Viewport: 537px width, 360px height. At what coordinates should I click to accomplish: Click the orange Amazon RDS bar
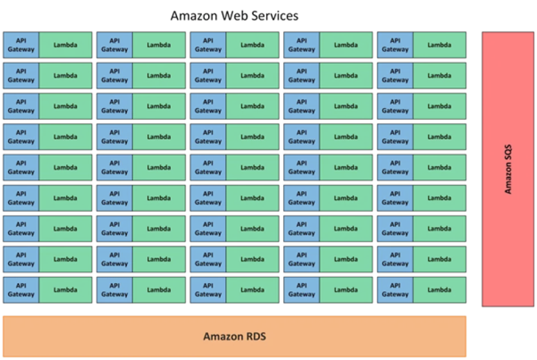point(234,337)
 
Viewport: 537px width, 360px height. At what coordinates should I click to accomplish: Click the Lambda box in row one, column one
point(65,45)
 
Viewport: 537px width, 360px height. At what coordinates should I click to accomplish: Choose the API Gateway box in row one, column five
point(395,45)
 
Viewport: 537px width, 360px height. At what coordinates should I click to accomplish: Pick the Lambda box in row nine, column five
point(439,290)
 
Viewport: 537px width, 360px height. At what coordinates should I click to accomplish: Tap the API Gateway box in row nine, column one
point(21,290)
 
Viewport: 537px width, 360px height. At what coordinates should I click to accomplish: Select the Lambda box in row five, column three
point(252,168)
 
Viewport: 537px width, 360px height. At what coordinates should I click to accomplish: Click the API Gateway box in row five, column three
point(208,168)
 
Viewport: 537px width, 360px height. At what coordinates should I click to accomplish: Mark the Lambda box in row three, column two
point(159,106)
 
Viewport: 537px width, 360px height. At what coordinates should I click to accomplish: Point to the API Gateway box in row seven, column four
point(301,229)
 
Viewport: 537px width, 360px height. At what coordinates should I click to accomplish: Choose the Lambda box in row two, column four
point(345,76)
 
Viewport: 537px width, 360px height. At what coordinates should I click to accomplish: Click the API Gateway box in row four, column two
point(115,137)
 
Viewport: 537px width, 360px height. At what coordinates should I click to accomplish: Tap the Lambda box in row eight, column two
point(159,259)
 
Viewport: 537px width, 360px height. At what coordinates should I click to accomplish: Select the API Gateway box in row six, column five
point(395,198)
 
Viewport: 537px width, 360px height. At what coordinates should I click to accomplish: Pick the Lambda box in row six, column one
point(65,198)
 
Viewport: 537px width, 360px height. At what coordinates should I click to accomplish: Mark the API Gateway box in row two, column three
point(208,76)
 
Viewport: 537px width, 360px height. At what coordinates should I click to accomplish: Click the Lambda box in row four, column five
point(439,137)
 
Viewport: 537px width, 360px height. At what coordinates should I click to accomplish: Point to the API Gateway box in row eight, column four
point(301,259)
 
